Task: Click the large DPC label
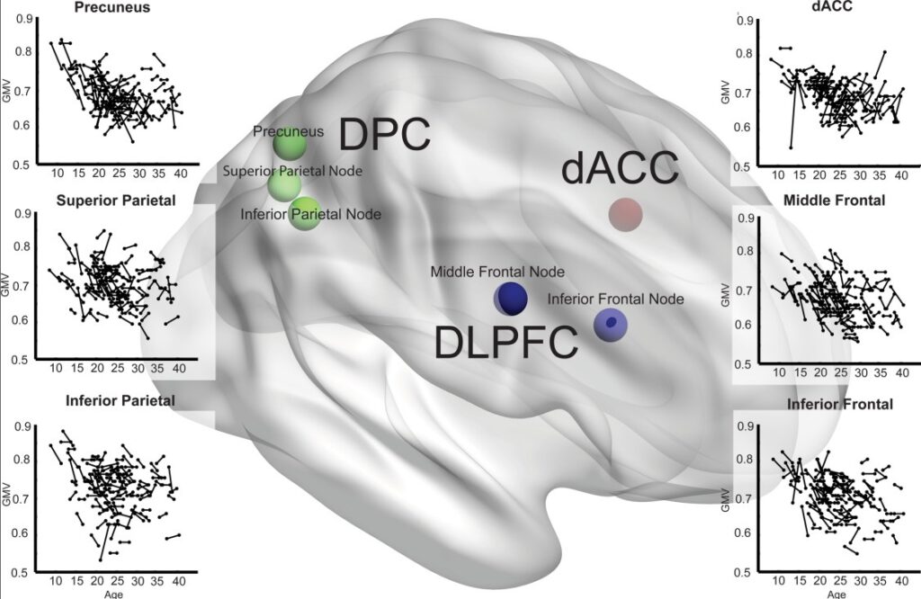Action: point(385,135)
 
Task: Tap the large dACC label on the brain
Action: point(621,168)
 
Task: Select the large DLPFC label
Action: point(506,342)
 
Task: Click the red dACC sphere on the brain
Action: point(626,214)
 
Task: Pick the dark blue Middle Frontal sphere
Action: point(511,299)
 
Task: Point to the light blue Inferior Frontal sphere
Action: point(611,325)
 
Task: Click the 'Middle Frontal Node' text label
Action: point(497,272)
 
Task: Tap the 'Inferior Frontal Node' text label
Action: point(615,299)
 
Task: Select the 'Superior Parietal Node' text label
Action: point(292,171)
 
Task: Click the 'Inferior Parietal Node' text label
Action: point(310,214)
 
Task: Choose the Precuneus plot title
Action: point(112,7)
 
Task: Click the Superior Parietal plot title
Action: point(116,201)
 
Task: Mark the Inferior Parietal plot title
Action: point(121,400)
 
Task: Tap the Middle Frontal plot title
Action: point(834,201)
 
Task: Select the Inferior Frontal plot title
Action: point(840,404)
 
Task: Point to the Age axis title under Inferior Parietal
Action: point(114,594)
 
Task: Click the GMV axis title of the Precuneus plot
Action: point(6,94)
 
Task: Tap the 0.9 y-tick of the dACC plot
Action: point(744,22)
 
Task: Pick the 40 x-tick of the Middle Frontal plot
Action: point(902,372)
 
